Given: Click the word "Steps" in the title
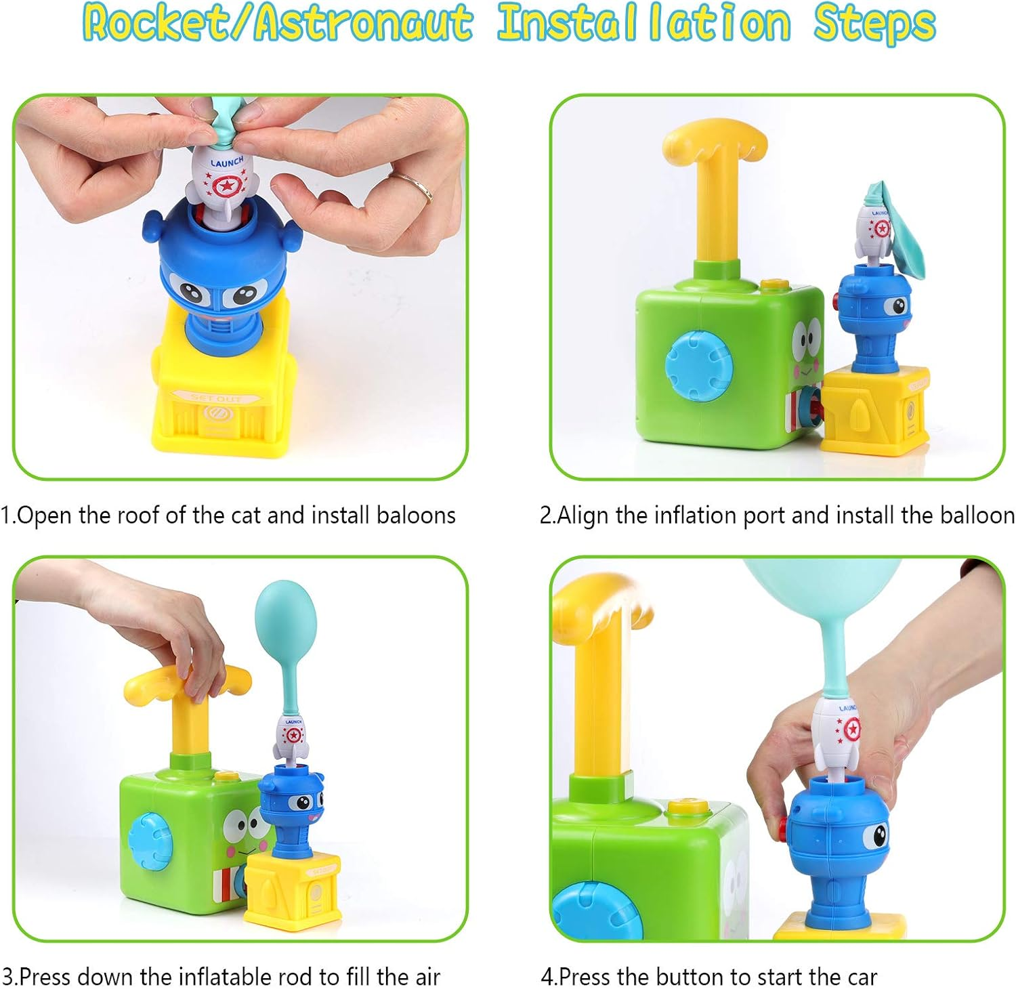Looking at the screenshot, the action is tap(874, 23).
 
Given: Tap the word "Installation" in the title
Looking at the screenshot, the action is tap(643, 23).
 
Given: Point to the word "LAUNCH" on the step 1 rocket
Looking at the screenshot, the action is tap(226, 162).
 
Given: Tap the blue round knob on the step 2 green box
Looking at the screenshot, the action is tap(699, 365).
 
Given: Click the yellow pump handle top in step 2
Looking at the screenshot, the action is tap(715, 140).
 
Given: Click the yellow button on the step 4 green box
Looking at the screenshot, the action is tap(687, 807).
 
